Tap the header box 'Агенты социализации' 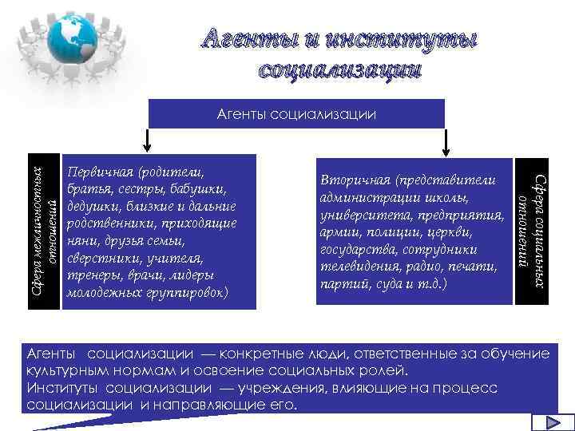(295, 113)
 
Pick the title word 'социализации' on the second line (339, 69)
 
